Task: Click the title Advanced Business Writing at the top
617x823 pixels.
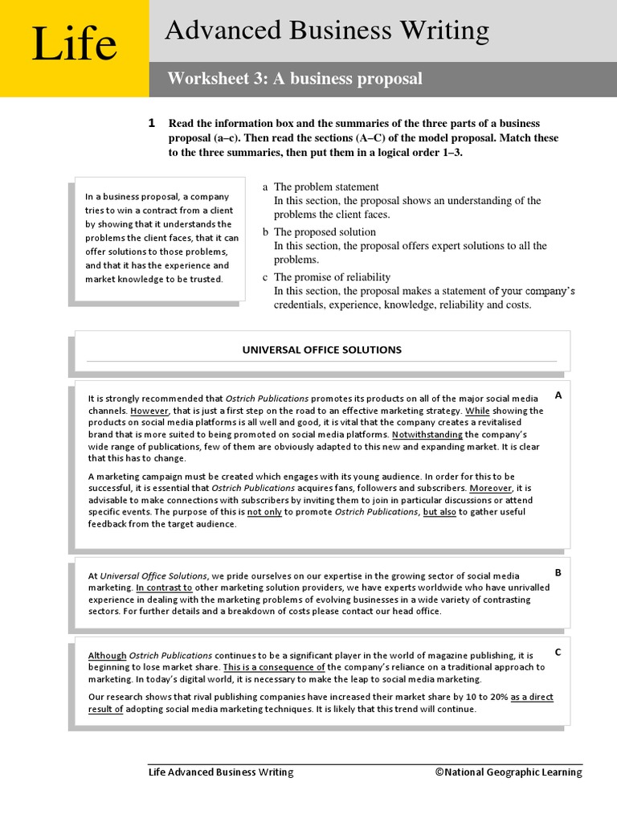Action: click(x=326, y=31)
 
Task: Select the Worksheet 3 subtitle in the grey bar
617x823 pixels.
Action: click(x=294, y=79)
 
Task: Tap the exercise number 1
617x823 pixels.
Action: click(x=151, y=123)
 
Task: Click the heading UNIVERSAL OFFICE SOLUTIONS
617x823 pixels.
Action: click(x=321, y=350)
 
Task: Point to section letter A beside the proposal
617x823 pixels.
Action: click(x=558, y=395)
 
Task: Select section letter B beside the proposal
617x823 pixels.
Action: click(x=558, y=572)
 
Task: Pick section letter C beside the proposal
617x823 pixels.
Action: click(x=558, y=652)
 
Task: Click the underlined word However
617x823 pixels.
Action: click(x=148, y=411)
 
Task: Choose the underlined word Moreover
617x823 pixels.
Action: click(x=490, y=488)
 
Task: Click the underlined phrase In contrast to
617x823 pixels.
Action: click(x=157, y=588)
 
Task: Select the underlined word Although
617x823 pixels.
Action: click(x=107, y=656)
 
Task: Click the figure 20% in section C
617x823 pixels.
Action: click(x=498, y=698)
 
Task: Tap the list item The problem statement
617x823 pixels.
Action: click(x=326, y=187)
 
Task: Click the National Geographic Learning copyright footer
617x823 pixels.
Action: click(x=509, y=772)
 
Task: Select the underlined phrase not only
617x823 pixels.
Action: click(x=264, y=512)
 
